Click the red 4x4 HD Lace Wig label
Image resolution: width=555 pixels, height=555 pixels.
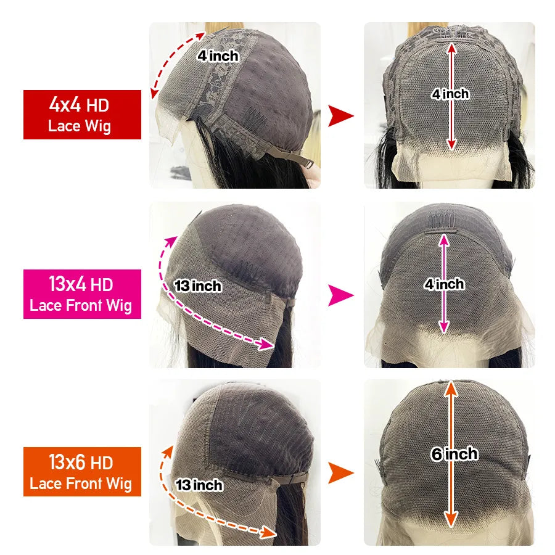click(82, 114)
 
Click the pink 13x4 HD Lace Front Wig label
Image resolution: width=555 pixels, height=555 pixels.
click(82, 294)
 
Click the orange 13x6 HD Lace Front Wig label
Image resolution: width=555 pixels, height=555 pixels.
click(82, 472)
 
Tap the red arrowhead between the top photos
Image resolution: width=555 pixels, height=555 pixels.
click(340, 115)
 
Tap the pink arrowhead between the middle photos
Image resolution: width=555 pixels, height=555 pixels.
click(340, 295)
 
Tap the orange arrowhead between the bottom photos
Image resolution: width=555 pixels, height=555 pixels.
click(340, 473)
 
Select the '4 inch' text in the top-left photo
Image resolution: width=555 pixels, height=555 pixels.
click(218, 55)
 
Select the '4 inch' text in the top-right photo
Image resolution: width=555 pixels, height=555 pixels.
click(451, 94)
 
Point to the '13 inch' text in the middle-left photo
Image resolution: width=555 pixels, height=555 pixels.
click(197, 286)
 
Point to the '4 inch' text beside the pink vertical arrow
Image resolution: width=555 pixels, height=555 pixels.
click(444, 284)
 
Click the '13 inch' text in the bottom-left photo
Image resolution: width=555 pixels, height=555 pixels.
click(199, 485)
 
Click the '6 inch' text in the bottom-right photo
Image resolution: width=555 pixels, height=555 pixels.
click(454, 454)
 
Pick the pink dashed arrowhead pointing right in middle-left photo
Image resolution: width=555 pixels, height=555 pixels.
click(267, 343)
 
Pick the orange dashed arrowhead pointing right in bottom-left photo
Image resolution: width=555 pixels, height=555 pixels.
click(269, 532)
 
